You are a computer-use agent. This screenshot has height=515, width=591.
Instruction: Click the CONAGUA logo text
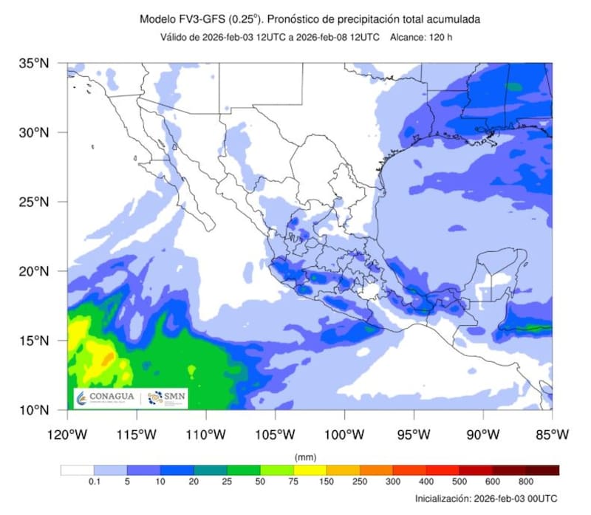[111, 398]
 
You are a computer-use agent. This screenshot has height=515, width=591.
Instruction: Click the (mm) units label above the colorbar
[305, 457]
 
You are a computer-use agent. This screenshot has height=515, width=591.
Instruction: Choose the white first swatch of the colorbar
[77, 470]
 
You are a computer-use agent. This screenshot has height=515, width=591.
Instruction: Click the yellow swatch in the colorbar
[310, 470]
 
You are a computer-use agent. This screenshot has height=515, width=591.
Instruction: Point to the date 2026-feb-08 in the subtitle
[339, 37]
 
